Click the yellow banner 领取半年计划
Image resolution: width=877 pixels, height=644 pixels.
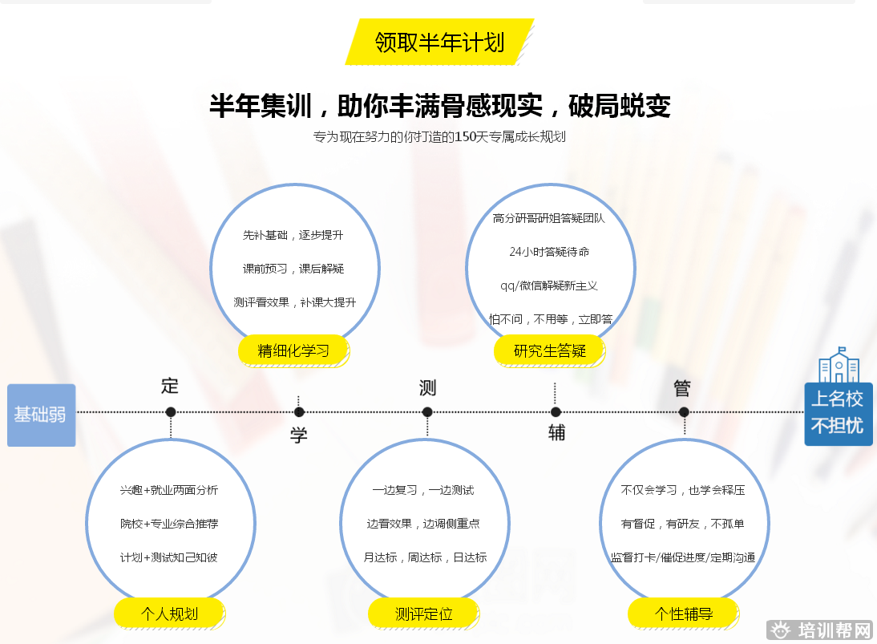coord(439,42)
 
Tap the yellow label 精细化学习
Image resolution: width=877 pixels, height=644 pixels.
coord(294,350)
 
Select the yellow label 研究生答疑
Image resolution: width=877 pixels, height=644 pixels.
coord(550,350)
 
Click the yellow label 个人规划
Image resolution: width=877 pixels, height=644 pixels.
coord(169,614)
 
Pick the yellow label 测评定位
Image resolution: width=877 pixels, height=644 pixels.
coord(423,614)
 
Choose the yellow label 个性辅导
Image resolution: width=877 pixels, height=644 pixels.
coord(683,614)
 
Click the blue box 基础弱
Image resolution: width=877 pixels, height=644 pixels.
coord(41,415)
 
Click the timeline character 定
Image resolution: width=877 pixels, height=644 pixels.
coord(170,385)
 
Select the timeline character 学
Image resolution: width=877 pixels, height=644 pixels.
coord(299,435)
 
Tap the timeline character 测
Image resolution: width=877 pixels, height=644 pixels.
coord(427,388)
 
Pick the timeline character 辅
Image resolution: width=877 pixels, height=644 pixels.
coord(556,433)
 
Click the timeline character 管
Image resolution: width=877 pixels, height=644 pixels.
coord(683,388)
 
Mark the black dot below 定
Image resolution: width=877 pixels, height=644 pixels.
coord(171,412)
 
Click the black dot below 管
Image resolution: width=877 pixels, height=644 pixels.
coord(684,412)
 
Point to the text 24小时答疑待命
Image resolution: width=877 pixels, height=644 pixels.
coord(549,252)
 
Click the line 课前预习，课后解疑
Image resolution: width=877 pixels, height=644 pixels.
coord(293,269)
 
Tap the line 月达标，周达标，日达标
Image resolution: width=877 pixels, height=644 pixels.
coord(425,557)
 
